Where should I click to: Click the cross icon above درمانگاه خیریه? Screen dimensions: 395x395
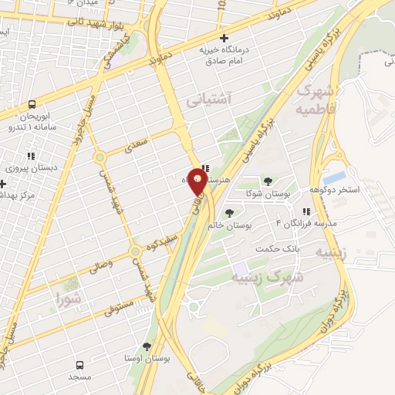(224, 38)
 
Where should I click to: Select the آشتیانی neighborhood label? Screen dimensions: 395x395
(208, 100)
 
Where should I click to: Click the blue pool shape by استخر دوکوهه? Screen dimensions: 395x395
(335, 178)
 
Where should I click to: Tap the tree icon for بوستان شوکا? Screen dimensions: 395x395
(267, 181)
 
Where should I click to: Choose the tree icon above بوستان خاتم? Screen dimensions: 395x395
(228, 212)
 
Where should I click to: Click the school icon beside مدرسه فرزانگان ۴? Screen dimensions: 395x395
(306, 211)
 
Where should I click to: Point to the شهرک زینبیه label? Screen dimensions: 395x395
(278, 275)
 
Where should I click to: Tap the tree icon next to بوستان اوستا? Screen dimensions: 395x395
(147, 347)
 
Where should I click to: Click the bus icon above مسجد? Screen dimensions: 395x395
(79, 364)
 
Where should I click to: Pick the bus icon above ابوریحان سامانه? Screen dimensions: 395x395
(32, 104)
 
